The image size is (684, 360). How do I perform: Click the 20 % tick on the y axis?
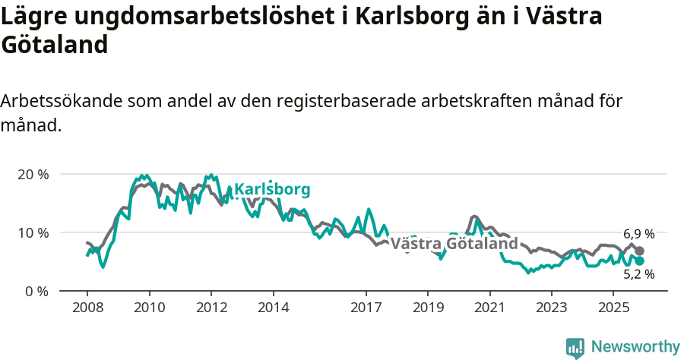coord(32,174)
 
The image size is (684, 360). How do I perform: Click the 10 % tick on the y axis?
coord(32,232)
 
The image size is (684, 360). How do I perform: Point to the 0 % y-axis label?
coord(35,291)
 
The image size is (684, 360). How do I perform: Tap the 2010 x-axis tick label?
coord(149,308)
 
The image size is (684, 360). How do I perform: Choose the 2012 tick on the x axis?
coord(211,308)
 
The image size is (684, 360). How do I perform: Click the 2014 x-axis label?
coord(273,308)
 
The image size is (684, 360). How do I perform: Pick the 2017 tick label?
coord(366,308)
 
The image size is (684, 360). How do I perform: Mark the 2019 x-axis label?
coord(428,308)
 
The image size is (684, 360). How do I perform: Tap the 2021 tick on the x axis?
coord(490,308)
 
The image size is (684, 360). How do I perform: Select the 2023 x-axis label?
coord(552,308)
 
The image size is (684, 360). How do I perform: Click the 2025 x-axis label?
coord(614,308)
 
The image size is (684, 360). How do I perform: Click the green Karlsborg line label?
coord(272,190)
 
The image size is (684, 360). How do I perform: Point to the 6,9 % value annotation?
coord(638,234)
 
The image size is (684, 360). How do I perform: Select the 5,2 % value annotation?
coord(638,275)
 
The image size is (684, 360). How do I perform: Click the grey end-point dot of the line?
coord(640,251)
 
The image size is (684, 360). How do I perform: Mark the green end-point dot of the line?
coord(640,261)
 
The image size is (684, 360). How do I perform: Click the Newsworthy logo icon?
coord(575,347)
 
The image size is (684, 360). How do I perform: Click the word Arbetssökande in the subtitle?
coord(62,101)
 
